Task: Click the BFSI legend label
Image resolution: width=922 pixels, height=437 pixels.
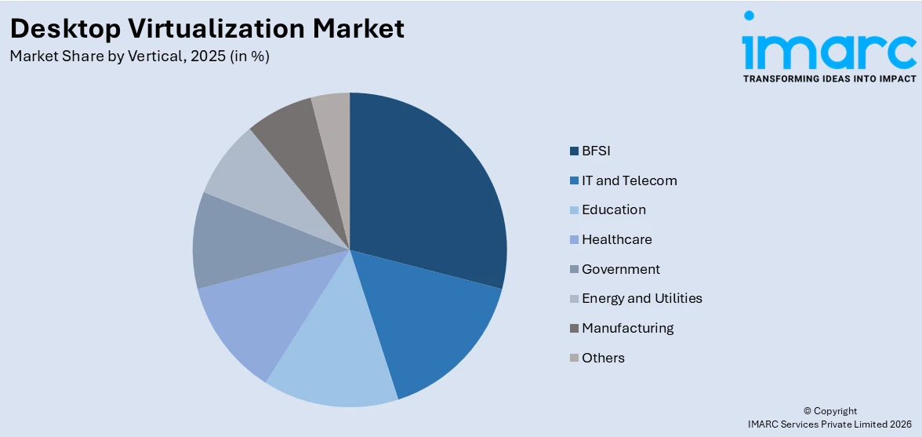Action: click(596, 151)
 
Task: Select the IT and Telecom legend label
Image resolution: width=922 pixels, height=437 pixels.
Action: click(629, 180)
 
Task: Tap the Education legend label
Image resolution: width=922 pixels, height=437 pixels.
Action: click(614, 209)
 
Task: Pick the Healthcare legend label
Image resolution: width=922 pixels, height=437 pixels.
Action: click(617, 239)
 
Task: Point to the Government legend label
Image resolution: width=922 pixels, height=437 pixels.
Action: click(621, 269)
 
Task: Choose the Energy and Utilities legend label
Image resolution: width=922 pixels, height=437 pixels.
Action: click(642, 298)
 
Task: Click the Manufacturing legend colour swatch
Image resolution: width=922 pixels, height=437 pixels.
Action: click(574, 328)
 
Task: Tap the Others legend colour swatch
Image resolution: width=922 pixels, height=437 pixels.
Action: click(574, 358)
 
